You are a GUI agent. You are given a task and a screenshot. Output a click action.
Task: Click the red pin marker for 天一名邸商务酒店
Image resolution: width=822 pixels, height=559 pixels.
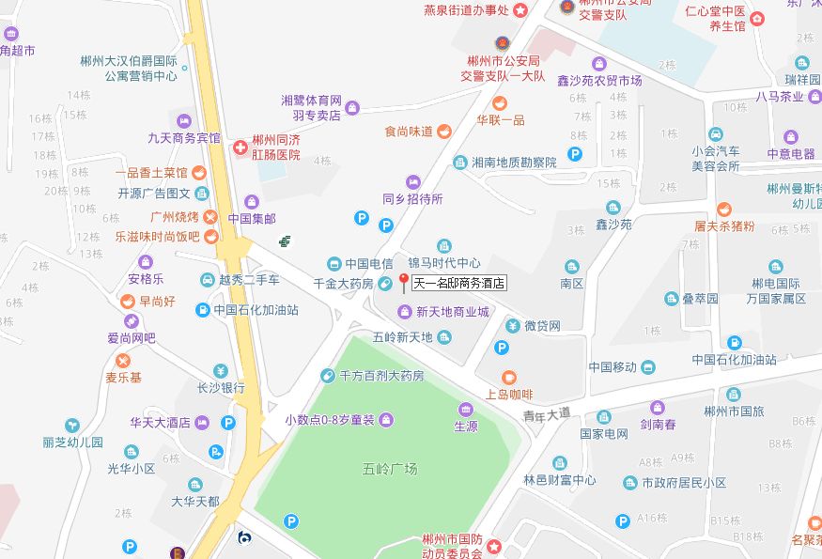[404, 280]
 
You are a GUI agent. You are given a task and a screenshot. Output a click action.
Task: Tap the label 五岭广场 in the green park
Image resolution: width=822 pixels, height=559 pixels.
[390, 468]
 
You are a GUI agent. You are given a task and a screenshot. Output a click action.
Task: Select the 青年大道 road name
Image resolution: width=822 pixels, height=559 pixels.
[546, 411]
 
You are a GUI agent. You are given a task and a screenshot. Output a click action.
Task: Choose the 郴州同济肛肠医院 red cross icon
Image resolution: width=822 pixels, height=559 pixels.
[240, 148]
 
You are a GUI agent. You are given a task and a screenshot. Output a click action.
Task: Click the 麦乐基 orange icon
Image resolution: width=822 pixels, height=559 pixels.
[122, 361]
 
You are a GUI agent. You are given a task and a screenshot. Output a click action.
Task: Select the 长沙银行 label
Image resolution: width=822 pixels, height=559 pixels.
[221, 387]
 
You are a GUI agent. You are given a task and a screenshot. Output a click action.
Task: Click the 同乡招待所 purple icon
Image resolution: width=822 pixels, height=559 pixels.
[412, 181]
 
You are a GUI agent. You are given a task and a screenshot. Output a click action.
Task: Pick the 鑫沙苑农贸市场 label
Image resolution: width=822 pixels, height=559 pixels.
[598, 81]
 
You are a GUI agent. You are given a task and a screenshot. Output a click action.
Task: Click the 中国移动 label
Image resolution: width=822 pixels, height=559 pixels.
[612, 366]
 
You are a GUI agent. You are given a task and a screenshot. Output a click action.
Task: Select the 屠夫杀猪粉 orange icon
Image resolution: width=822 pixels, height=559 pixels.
[723, 209]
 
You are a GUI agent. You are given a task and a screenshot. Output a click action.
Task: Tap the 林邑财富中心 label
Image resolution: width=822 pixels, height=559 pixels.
[560, 480]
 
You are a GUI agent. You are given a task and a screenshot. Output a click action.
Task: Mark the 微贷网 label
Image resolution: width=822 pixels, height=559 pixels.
[542, 326]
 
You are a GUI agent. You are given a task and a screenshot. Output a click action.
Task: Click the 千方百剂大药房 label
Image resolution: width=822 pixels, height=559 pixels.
[381, 375]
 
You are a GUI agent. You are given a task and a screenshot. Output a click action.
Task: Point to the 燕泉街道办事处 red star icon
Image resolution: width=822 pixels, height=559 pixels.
[520, 9]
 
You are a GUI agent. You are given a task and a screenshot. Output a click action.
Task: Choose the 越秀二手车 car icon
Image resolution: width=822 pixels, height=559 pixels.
[208, 279]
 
